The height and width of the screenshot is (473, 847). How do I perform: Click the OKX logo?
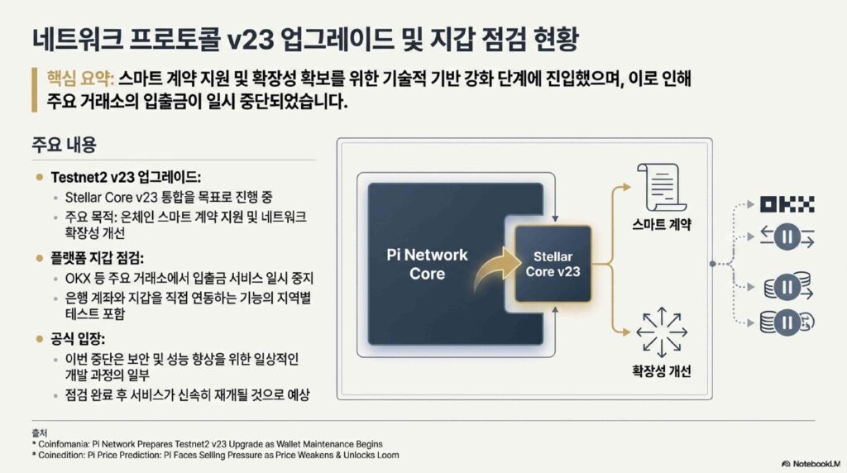787,204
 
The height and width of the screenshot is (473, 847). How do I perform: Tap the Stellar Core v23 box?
553,264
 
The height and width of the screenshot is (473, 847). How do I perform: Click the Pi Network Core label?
427,264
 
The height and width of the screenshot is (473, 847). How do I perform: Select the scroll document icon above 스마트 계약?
661,188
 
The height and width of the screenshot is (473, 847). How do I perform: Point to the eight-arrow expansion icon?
662,332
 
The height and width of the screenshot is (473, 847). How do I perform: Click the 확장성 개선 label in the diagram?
661,371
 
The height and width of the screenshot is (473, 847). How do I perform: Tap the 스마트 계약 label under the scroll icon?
662,224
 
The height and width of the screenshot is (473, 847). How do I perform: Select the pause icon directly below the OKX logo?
787,236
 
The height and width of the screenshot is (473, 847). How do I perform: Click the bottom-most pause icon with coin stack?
787,322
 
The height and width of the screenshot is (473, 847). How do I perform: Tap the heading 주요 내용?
64,145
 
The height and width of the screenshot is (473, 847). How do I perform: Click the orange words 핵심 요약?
80,79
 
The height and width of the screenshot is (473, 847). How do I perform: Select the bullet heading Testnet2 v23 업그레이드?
126,177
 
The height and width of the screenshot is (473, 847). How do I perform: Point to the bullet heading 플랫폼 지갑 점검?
98,258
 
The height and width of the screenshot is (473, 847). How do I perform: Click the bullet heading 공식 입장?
78,339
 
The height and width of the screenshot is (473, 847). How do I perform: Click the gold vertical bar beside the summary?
35,89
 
